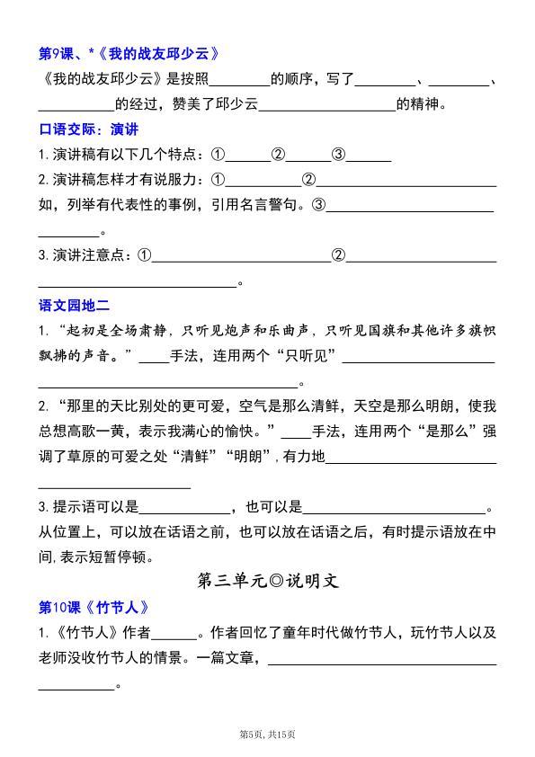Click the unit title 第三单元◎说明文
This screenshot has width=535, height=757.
coord(267,580)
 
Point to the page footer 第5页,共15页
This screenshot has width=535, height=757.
coord(267,735)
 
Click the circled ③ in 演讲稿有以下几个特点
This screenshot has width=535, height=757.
coord(339,154)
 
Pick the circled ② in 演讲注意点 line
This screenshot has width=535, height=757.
coord(339,255)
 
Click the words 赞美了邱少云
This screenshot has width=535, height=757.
coord(214,105)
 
